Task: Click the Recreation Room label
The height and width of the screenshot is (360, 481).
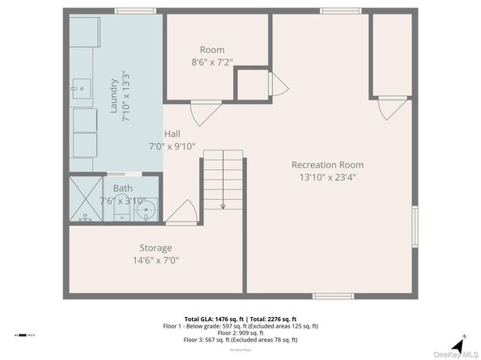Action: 328,164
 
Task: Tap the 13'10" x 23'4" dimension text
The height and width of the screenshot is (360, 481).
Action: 328,176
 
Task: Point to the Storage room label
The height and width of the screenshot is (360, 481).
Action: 155,248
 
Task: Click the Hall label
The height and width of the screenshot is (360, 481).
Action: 172,134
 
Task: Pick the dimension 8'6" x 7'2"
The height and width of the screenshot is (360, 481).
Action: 213,61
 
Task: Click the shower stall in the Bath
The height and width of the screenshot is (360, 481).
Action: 85,200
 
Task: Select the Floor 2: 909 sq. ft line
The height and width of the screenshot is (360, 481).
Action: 240,332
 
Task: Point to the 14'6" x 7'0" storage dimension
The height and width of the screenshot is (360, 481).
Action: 155,260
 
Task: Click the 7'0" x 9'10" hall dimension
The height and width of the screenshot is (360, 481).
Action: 172,146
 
